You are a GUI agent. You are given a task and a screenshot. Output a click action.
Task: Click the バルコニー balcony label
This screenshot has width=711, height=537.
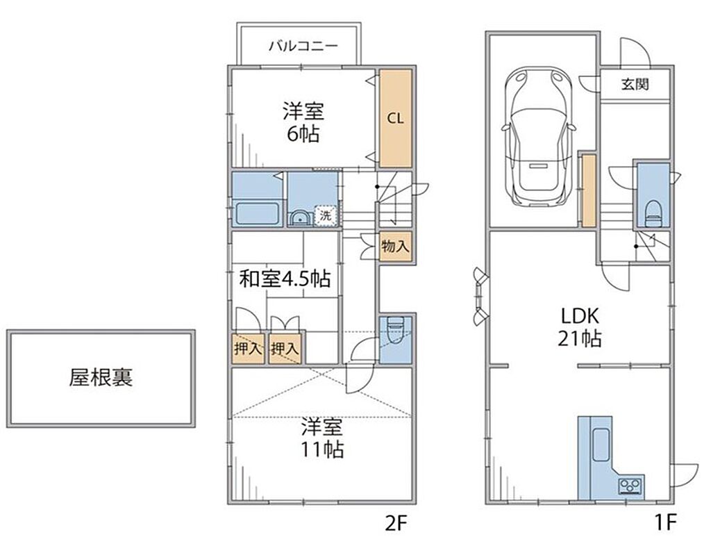[303, 46]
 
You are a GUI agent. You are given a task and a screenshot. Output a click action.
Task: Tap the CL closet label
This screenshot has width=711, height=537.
[395, 118]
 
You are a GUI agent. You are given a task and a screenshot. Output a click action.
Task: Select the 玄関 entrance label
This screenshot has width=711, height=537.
[635, 84]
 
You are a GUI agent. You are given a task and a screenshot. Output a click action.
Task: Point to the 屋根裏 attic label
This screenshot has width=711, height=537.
[101, 377]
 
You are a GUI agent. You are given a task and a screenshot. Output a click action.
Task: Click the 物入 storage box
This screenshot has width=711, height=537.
[395, 247]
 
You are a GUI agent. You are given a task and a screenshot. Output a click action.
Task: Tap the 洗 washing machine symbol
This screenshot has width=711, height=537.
[326, 215]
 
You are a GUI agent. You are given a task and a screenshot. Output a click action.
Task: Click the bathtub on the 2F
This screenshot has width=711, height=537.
[257, 214]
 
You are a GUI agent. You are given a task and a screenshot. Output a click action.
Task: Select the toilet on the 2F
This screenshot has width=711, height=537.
[395, 331]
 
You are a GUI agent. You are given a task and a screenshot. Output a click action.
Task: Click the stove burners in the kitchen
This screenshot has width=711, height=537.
[630, 486]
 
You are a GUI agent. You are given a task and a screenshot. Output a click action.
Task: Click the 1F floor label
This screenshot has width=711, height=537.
[665, 522]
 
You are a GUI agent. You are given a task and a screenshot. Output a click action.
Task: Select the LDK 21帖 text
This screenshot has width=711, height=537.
[580, 327]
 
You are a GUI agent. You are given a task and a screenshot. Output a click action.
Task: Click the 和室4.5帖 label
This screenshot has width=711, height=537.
[285, 279]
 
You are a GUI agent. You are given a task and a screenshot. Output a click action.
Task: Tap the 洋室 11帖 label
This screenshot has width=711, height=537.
[322, 438]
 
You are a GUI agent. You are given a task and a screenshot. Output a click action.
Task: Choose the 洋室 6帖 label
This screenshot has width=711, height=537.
[303, 122]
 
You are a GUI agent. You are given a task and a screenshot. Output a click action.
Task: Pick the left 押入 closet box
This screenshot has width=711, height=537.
[248, 349]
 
